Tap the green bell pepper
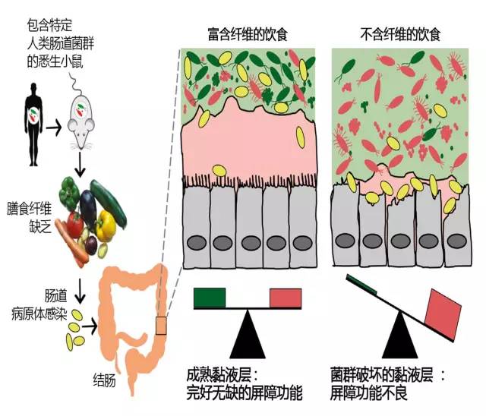[x=71, y=192]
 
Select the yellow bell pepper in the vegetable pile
[x=106, y=225]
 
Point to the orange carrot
[x=71, y=241]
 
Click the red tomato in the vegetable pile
[x=74, y=224]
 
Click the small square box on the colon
[x=161, y=326]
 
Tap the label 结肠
[x=105, y=380]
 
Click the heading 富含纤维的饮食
[x=248, y=34]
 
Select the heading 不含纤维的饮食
[x=400, y=34]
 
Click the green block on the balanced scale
[x=210, y=298]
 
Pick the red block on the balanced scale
[x=286, y=298]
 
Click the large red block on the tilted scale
[x=443, y=314]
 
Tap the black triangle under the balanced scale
[x=248, y=334]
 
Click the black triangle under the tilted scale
[x=400, y=336]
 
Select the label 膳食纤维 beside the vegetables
[x=29, y=209]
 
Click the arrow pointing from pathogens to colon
[x=90, y=326]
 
